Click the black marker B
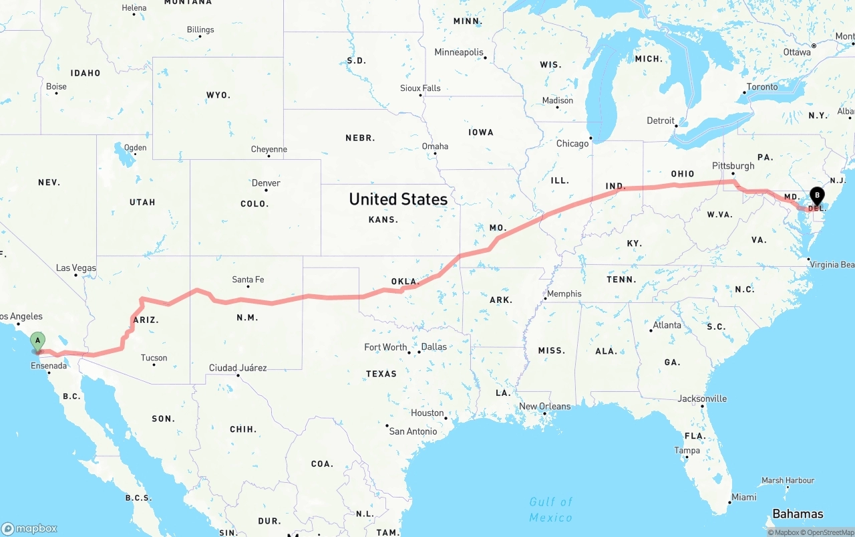(x=816, y=196)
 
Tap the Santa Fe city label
(x=248, y=280)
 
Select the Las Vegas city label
(x=76, y=268)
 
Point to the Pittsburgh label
(x=733, y=166)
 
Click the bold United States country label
(x=398, y=199)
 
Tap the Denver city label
(x=266, y=183)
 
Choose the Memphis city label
(x=564, y=294)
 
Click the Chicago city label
(x=572, y=143)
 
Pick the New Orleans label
(x=545, y=406)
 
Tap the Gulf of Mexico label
(x=551, y=510)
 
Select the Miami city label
(x=743, y=497)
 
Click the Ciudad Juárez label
(x=238, y=368)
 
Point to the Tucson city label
(x=154, y=358)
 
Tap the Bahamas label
(x=798, y=514)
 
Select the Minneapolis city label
(x=459, y=52)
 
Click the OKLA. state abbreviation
(x=405, y=282)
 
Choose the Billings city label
(x=200, y=29)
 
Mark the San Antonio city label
(x=413, y=431)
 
